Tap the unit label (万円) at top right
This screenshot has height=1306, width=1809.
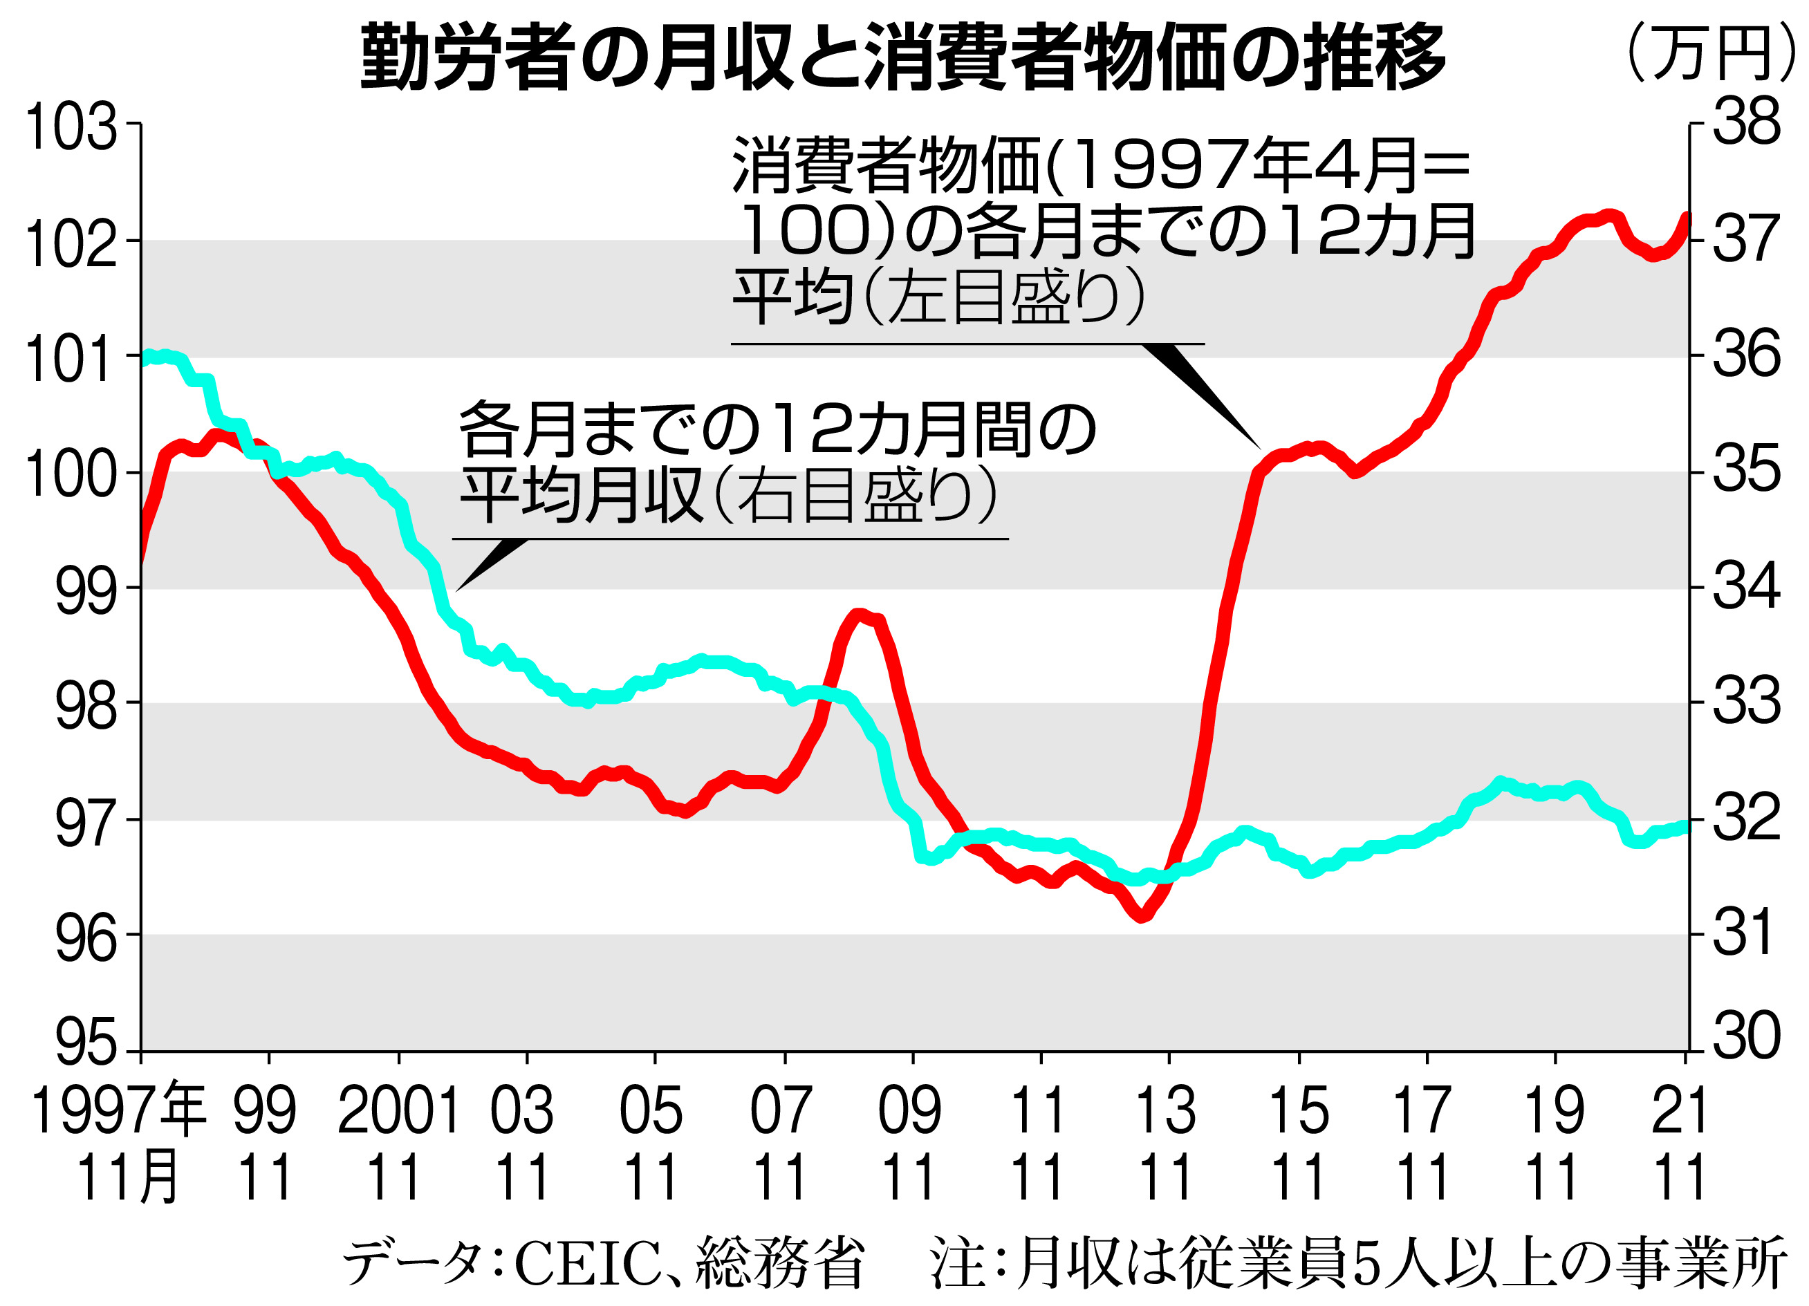coord(1710,53)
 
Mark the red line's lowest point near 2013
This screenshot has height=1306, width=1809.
coord(1142,917)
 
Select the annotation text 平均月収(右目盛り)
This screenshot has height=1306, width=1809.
coord(727,495)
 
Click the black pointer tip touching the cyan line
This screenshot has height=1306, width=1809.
coord(457,590)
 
